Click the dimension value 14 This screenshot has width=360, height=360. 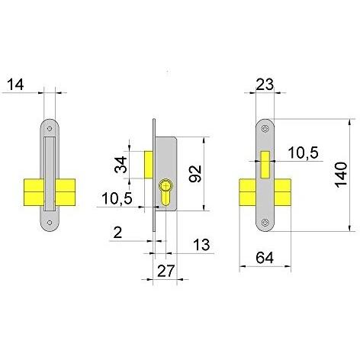[15, 85]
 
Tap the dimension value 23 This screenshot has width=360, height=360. [265, 85]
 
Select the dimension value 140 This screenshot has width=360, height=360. [341, 175]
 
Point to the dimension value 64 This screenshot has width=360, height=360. [265, 258]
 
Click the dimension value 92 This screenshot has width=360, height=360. [195, 174]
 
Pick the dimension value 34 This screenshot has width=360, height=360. [121, 165]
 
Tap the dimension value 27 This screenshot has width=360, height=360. [166, 271]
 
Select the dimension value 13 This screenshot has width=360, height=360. [201, 245]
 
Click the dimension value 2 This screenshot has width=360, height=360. [117, 233]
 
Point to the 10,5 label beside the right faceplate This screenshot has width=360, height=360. [303, 153]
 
